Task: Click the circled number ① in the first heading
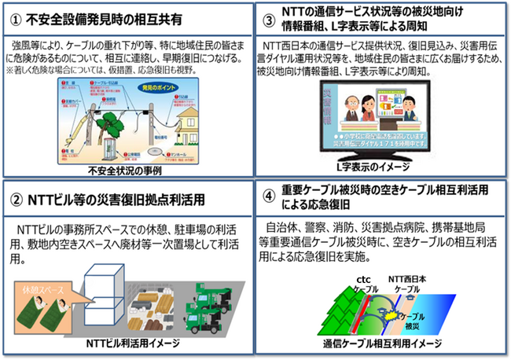click(16, 17)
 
